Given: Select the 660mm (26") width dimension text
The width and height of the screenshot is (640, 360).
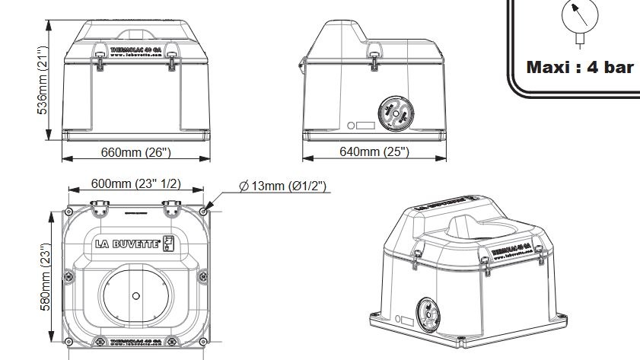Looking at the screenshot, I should (135, 151).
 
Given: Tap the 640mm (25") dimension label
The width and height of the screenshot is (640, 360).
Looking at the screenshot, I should (374, 151).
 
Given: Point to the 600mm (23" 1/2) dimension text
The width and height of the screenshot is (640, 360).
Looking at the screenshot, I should (136, 183).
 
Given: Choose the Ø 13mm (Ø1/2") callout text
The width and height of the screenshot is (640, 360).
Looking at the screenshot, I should (282, 186).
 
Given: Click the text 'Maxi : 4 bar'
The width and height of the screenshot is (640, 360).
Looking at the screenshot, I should (580, 67).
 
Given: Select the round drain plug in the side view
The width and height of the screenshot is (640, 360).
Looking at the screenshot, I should (394, 113).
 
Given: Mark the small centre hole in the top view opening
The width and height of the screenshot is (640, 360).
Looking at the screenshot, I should (135, 295).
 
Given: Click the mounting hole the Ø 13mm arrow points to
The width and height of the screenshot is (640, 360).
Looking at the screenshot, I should (202, 211).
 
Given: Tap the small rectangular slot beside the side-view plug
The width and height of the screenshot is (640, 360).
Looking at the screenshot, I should (365, 125).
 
